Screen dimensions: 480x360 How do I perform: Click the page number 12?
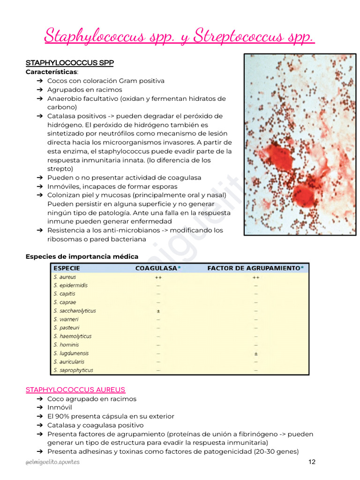pos(312,462)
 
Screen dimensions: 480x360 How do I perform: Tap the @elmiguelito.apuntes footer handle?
pos(52,462)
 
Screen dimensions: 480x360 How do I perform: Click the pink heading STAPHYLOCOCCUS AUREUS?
pos(75,390)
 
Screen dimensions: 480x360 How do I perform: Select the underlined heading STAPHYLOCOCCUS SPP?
pos(69,63)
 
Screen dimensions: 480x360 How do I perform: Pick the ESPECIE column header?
pos(67,268)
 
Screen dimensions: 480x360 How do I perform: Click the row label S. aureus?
pos(65,277)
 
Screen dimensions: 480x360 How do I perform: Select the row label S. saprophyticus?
pos(73,370)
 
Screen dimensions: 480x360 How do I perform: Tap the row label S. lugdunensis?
pos(71,353)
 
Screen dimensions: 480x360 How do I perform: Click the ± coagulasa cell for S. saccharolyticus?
pos(158,311)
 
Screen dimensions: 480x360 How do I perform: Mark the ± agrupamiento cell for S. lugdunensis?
pos(255,354)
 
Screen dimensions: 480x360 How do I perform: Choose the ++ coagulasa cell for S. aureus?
pos(158,277)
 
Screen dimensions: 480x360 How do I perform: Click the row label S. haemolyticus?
pos(73,337)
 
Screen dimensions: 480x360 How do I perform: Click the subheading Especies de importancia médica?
pos(82,256)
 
